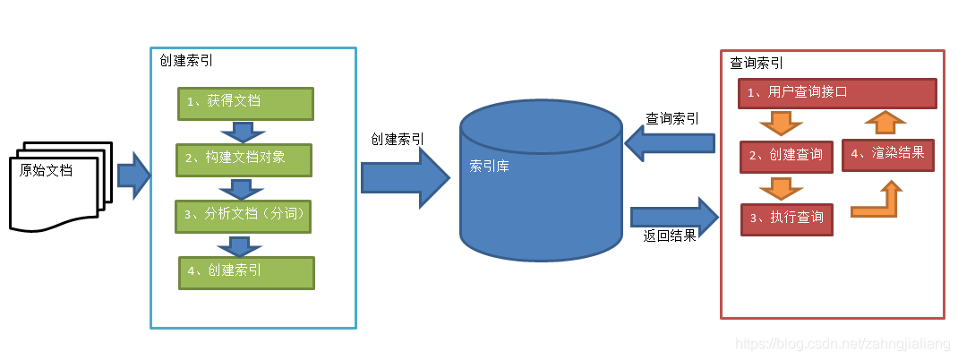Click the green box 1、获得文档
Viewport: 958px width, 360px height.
pos(245,103)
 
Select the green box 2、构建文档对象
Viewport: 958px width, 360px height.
pos(245,159)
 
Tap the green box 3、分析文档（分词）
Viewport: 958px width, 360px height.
pos(245,216)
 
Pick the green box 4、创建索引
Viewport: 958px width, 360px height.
pos(246,271)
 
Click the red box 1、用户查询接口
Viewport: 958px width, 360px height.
pos(837,93)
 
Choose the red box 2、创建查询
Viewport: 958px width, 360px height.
pos(786,156)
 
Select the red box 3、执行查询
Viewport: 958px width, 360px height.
pos(786,219)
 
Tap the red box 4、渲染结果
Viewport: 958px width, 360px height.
pos(888,153)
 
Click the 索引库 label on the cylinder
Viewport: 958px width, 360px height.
pos(490,166)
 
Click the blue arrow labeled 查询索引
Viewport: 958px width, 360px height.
pos(670,143)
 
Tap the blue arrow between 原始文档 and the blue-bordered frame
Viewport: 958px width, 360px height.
pos(133,175)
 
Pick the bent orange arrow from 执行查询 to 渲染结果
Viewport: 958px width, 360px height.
pos(878,201)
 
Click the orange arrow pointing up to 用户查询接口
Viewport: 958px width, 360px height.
pos(885,122)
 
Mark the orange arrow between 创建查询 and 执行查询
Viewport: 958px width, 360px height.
pos(782,187)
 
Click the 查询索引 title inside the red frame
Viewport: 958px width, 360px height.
pos(757,64)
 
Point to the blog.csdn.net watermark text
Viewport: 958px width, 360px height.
pos(842,343)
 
